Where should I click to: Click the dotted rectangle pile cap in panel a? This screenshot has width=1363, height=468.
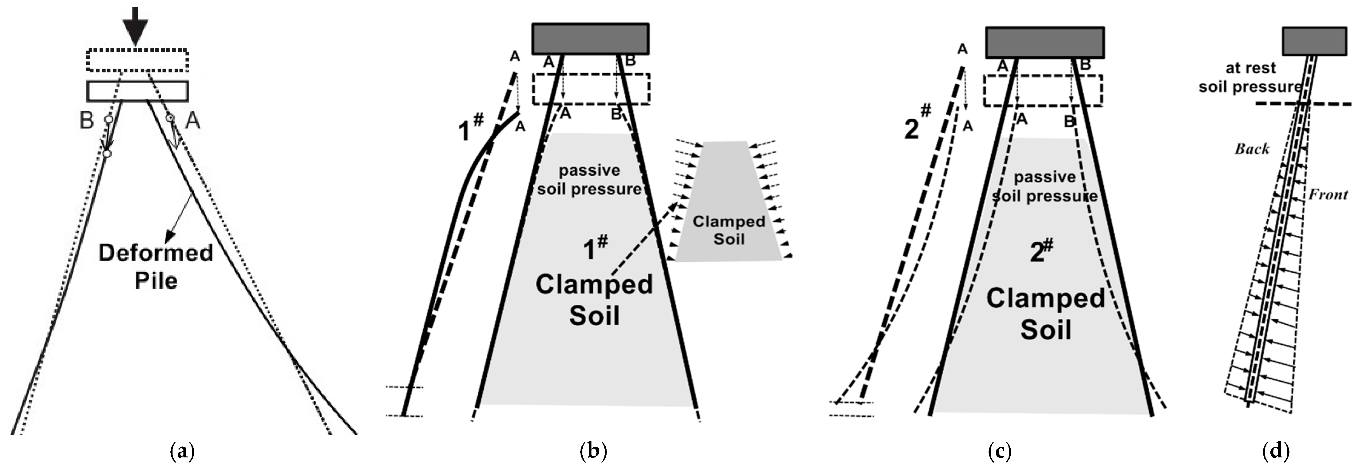(137, 60)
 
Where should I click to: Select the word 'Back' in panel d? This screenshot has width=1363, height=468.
(1252, 149)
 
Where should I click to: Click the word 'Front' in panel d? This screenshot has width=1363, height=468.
(1328, 195)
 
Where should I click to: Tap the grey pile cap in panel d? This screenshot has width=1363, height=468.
(1314, 41)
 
